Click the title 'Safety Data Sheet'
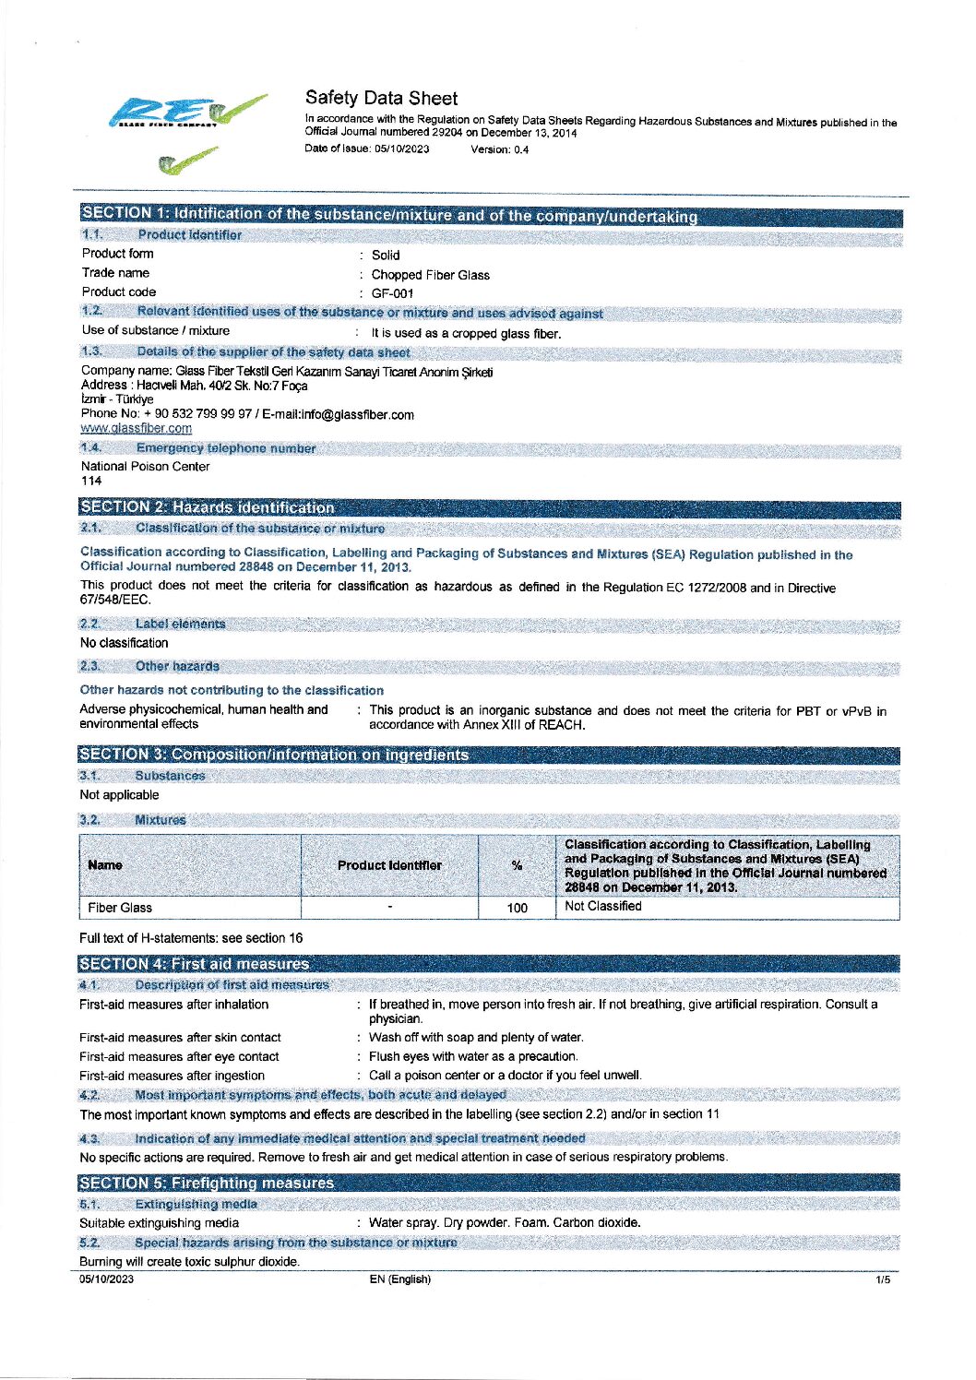pos(381,98)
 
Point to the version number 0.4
pos(521,149)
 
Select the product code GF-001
pos(392,293)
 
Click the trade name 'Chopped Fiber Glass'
pos(430,275)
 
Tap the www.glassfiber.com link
pos(137,428)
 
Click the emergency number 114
pos(91,481)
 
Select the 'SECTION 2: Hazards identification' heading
pos(208,506)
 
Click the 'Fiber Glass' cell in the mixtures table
pos(120,908)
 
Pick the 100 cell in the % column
pos(518,908)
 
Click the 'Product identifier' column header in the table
pos(389,865)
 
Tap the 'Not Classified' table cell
pos(603,906)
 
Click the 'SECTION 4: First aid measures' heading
pos(195,964)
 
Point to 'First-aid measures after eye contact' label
pos(179,1057)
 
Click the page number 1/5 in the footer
pos(883,1279)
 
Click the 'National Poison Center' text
pos(146,467)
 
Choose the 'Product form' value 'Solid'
pos(386,256)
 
